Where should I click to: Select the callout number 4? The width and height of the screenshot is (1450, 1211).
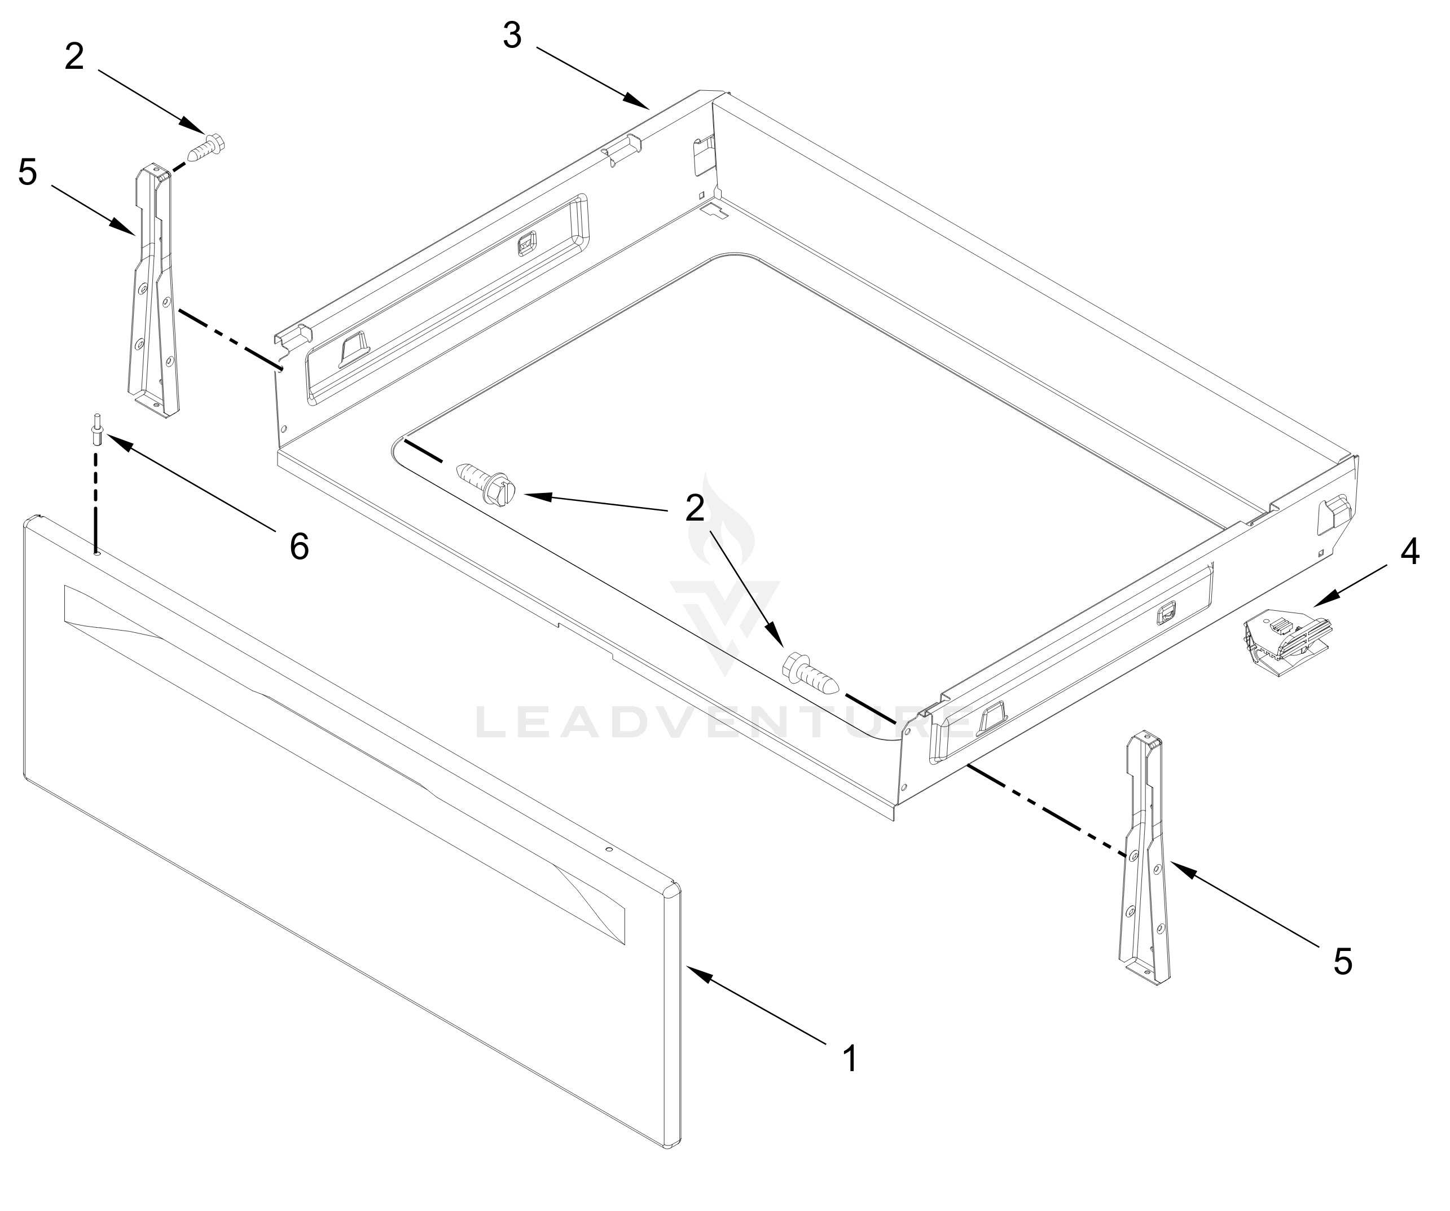click(1410, 552)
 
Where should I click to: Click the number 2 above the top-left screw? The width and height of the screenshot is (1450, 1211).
click(74, 56)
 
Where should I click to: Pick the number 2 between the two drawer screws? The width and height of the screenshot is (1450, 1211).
click(695, 509)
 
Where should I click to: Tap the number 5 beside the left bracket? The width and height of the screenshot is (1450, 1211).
click(27, 172)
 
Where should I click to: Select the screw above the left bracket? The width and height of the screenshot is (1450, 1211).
click(207, 147)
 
